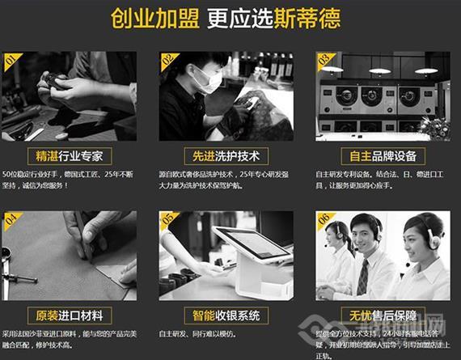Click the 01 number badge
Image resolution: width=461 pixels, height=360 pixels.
point(11,61)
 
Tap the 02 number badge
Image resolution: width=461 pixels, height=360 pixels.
point(167,61)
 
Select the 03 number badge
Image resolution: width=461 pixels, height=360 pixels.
point(324,61)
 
